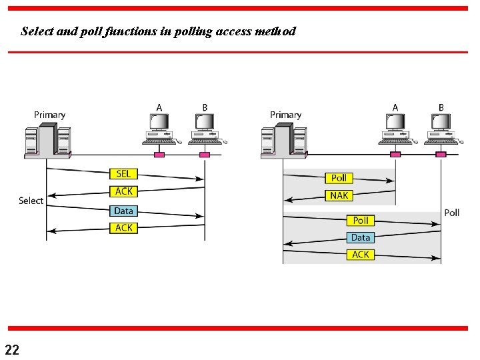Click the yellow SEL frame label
(124, 174)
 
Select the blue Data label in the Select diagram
(124, 211)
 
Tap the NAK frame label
(339, 195)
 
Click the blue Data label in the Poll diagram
(361, 237)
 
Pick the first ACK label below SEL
(124, 191)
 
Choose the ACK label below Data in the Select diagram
(124, 228)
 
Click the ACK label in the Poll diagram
(361, 255)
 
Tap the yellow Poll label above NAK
(339, 178)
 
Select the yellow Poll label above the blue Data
(361, 220)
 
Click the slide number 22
(12, 349)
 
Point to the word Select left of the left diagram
(31, 201)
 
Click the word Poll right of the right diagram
(451, 213)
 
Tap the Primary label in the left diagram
(49, 115)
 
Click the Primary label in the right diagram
(285, 115)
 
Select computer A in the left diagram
(159, 129)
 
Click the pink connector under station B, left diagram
(205, 155)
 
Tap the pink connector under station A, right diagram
(395, 155)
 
